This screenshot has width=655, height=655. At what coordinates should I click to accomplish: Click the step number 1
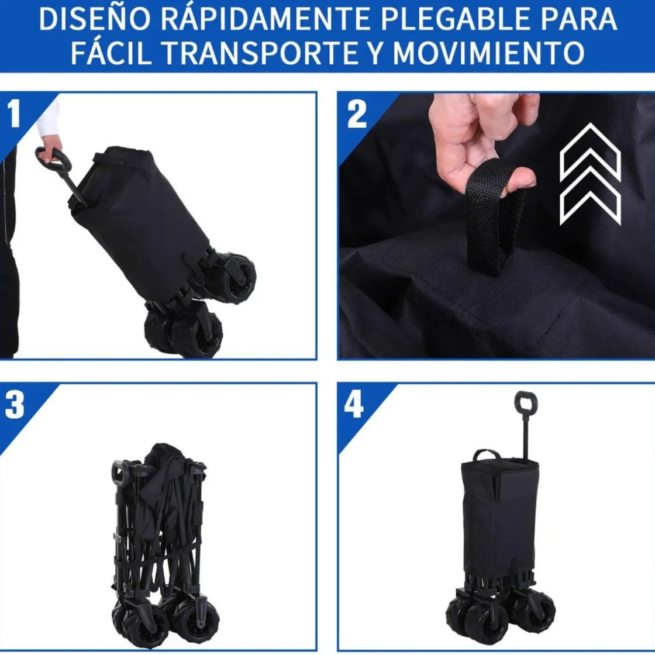point(14,113)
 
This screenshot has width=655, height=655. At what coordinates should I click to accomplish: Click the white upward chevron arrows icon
point(590,174)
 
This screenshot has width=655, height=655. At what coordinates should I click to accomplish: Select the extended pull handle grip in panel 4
point(526,402)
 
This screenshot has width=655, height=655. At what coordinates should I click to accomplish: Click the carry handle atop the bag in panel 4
point(486,454)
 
